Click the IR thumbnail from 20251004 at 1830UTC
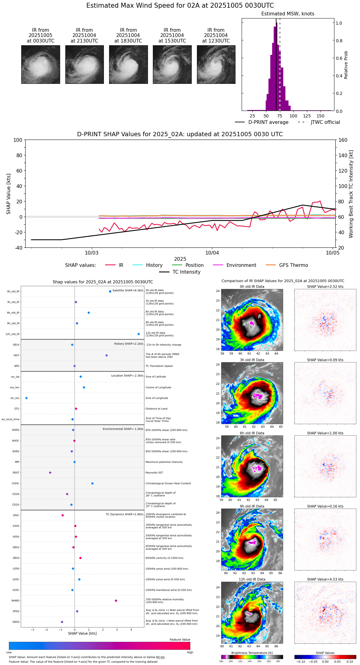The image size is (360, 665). point(128,64)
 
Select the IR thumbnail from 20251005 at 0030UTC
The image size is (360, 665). point(40,64)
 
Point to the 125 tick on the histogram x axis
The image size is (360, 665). point(307,116)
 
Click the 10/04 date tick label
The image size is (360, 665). point(212,253)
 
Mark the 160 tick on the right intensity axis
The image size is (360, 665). point(343,140)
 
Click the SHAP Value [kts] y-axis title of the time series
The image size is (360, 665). point(9,194)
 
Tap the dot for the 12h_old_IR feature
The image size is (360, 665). point(139,334)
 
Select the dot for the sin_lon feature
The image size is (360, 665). point(27,398)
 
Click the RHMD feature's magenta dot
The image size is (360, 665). point(116,601)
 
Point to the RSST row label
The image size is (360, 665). point(16,473)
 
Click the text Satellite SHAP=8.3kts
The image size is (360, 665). point(128,291)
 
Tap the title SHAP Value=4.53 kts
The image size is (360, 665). point(325,579)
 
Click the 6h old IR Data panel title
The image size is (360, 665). point(252,433)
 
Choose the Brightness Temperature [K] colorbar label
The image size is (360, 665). point(252,653)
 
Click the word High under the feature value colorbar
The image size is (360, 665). point(190,652)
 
